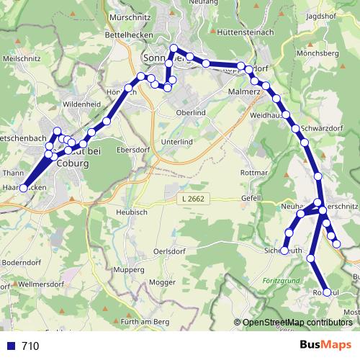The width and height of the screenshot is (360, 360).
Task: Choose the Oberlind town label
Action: (x=192, y=112)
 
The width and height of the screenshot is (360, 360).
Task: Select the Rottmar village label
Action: (x=253, y=174)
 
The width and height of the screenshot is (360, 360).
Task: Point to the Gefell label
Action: (x=251, y=197)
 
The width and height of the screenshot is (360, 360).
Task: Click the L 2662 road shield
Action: (x=193, y=197)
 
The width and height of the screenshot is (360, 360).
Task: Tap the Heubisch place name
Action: (x=131, y=213)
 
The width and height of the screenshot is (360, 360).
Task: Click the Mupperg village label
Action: (x=129, y=269)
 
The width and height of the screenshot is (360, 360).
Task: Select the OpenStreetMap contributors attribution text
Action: (x=296, y=323)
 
